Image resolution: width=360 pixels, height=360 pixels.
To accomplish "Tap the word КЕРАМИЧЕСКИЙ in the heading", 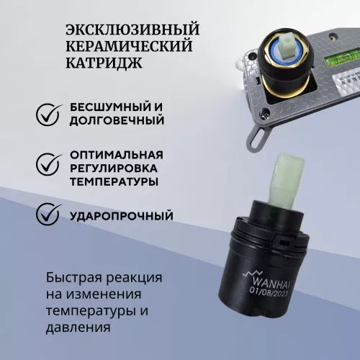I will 129,47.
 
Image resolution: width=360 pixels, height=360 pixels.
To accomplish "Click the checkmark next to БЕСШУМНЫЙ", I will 48,113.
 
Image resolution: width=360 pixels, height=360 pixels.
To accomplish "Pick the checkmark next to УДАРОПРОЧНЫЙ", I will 48,215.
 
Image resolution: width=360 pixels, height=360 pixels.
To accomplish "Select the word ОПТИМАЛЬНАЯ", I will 116,155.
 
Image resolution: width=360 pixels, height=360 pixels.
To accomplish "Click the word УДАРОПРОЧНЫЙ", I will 122,215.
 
